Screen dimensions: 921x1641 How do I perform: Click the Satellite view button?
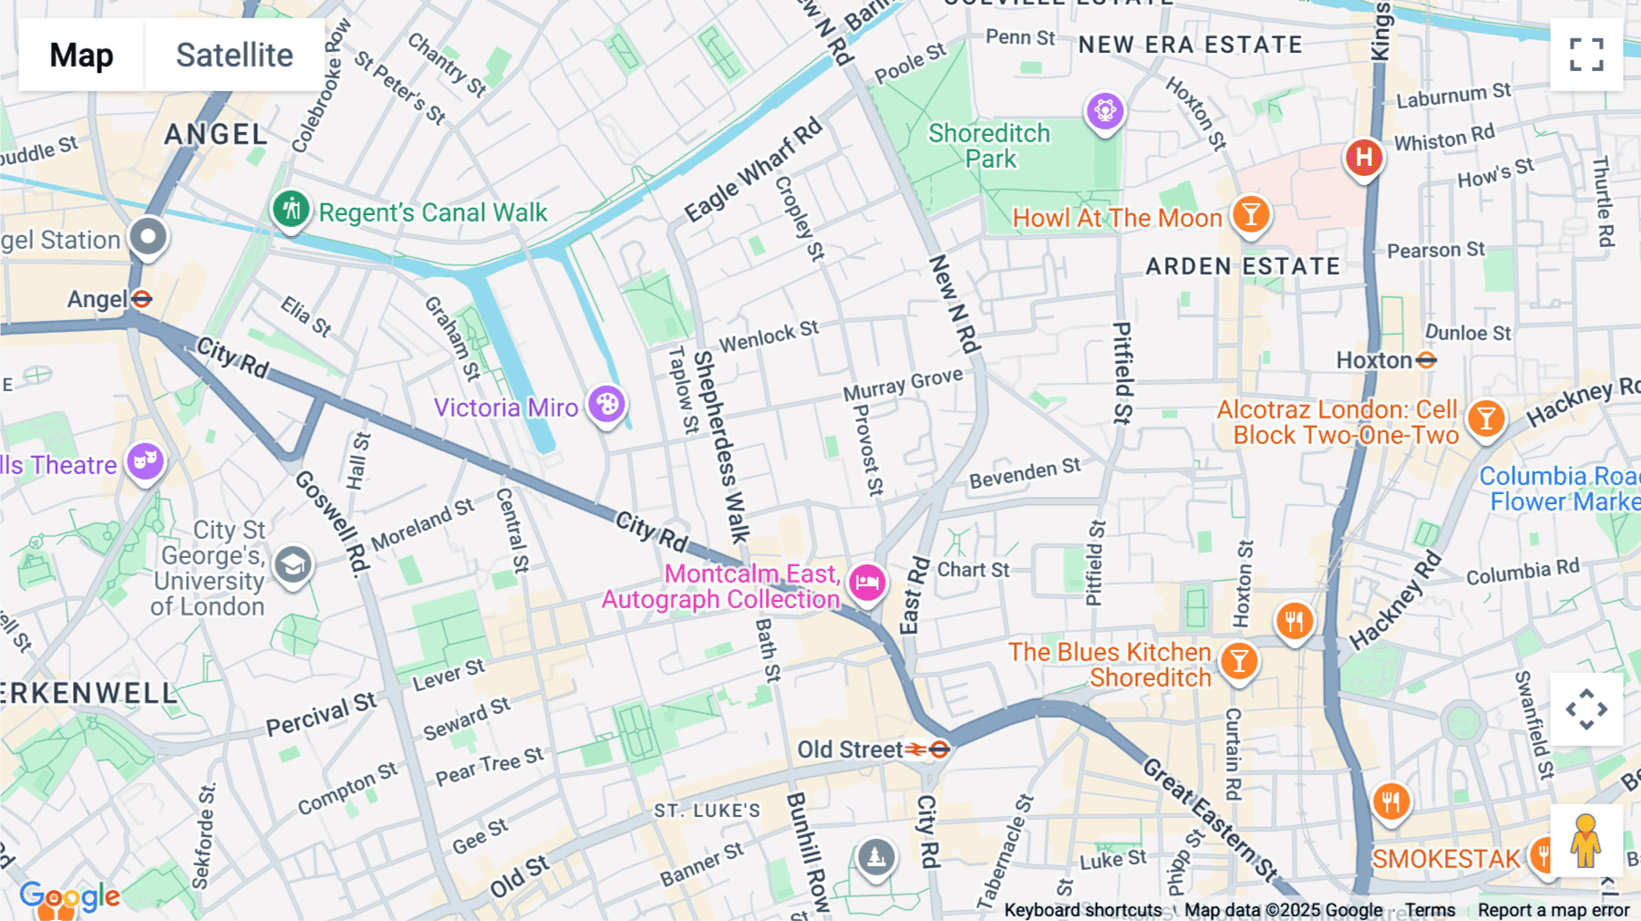coord(234,55)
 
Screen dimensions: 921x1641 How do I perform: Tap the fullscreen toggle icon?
coord(1586,55)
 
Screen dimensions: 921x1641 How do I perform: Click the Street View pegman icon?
coord(1585,841)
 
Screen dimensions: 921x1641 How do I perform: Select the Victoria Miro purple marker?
coord(606,404)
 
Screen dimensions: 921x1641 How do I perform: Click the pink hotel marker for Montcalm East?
coord(867,581)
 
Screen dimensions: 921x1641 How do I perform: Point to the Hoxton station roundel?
coord(1427,360)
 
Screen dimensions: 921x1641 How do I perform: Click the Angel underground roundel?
coord(141,299)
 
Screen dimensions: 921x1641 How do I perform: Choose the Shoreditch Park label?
coord(989,146)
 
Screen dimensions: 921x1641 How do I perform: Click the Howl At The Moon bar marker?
coord(1251,215)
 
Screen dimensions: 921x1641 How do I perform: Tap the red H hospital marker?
coord(1363,158)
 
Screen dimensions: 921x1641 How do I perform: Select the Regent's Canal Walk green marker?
coord(291,210)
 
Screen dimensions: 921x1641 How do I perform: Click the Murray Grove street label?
coord(903,384)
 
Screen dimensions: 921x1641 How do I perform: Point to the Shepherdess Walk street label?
coord(721,447)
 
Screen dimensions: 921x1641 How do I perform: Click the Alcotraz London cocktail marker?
coord(1486,419)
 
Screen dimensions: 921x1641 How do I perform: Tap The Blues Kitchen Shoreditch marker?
coord(1239,661)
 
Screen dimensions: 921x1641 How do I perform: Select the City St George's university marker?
coord(293,566)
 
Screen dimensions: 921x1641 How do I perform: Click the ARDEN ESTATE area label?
coord(1243,266)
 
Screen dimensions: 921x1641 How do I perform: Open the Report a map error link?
coord(1553,910)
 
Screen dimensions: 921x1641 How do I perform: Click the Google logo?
coord(69,897)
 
